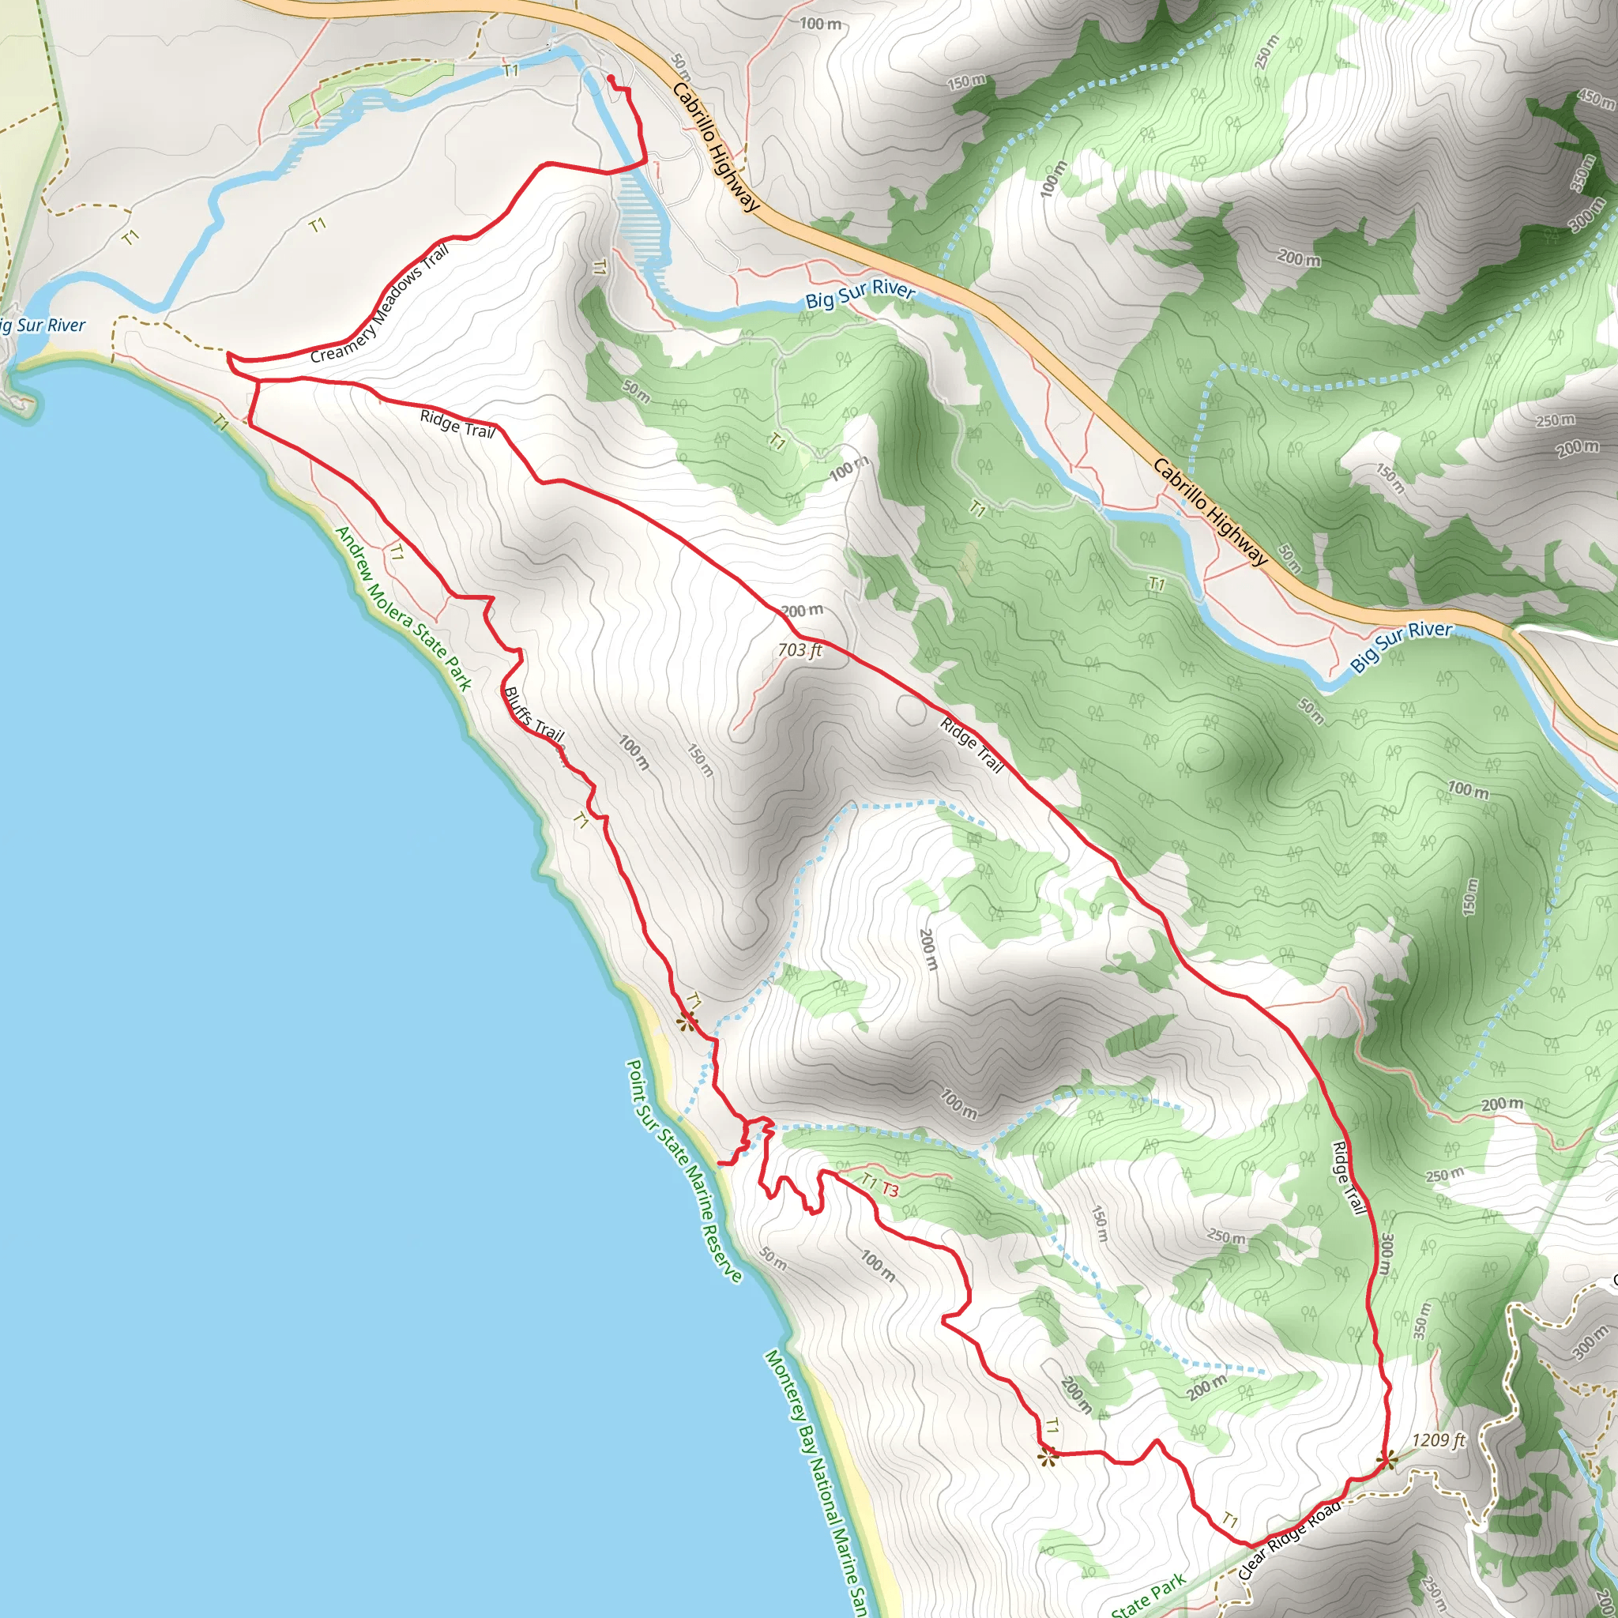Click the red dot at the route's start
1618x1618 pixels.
[x=611, y=79]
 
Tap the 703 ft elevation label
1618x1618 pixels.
[x=800, y=649]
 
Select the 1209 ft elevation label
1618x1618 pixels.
[x=1439, y=1439]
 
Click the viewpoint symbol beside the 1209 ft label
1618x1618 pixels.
[x=1387, y=1460]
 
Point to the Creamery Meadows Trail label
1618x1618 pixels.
[x=380, y=304]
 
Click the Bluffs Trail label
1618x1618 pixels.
[x=533, y=713]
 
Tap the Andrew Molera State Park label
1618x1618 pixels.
[x=403, y=608]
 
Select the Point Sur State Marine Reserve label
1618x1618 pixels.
[x=684, y=1171]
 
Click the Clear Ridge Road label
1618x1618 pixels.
[x=1289, y=1538]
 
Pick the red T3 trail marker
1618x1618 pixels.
[x=890, y=1190]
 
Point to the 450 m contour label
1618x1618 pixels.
[x=1595, y=99]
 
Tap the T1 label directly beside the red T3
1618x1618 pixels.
[x=868, y=1182]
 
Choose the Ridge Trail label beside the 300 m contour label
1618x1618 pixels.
[x=1349, y=1177]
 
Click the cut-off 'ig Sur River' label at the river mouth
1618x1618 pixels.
[x=42, y=325]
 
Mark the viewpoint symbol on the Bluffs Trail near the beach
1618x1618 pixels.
[x=687, y=1021]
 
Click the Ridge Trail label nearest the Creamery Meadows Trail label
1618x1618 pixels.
[x=457, y=424]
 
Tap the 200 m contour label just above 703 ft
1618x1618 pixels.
[x=801, y=611]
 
